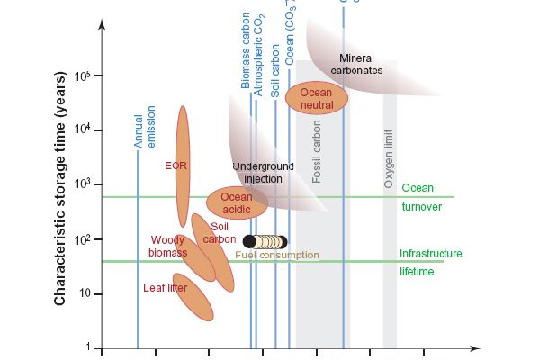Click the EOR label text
(175, 166)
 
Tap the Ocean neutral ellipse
(317, 98)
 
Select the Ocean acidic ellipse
(237, 203)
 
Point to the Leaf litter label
(166, 288)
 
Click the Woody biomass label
(168, 247)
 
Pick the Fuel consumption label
(277, 256)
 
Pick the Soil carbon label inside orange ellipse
(219, 233)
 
